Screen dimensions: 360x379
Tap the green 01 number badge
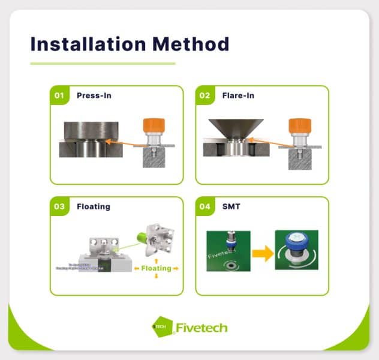[59, 95]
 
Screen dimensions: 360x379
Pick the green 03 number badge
[59, 206]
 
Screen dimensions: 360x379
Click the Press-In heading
[94, 95]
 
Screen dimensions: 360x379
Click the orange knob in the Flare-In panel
[299, 127]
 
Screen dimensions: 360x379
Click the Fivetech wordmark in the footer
[201, 328]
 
